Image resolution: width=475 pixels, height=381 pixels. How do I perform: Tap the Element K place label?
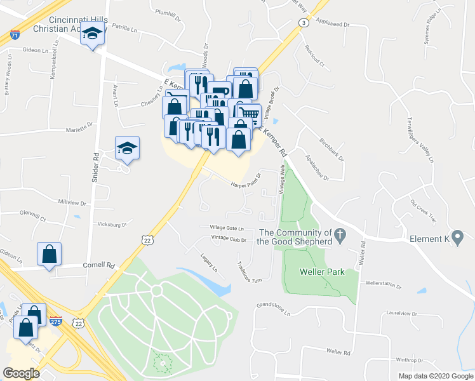(429, 239)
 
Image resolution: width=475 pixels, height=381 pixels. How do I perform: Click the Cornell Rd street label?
(101, 265)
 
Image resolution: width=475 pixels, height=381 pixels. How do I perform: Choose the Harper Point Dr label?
(246, 180)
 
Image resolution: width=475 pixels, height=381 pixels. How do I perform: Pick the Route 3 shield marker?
(304, 23)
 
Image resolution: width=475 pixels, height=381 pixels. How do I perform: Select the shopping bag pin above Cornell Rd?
(49, 254)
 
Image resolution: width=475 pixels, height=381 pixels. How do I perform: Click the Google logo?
(21, 373)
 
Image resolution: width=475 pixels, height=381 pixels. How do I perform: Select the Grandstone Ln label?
(273, 309)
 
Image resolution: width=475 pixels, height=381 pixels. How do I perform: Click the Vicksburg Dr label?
(112, 224)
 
